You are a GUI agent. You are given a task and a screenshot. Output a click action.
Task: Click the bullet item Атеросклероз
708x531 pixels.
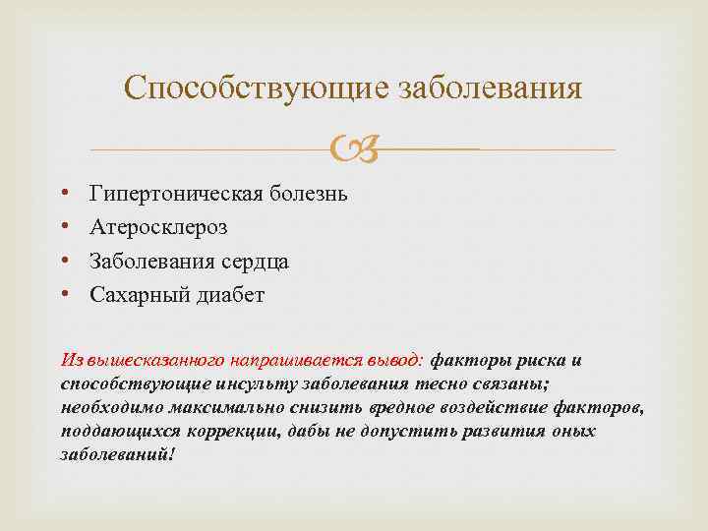pos(158,227)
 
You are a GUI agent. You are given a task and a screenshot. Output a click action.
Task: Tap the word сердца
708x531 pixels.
pos(256,261)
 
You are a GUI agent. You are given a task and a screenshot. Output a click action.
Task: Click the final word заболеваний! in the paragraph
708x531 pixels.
pos(116,455)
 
